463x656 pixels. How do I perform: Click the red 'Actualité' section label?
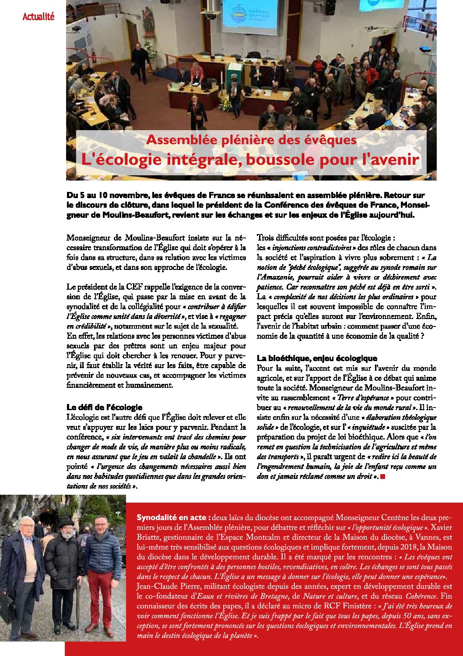point(39,17)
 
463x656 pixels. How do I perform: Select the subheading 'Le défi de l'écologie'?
point(104,407)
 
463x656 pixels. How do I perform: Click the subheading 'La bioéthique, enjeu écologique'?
point(317,358)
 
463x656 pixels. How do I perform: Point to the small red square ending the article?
point(383,476)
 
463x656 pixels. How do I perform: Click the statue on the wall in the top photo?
point(148,22)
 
